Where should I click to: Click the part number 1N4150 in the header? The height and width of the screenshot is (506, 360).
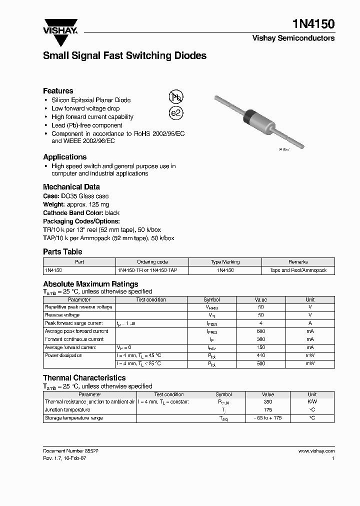click(x=313, y=24)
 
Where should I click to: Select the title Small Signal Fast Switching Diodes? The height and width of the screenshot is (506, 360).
click(x=124, y=56)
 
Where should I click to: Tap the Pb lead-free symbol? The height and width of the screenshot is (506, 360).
click(x=175, y=97)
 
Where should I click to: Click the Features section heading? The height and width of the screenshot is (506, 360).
click(x=58, y=90)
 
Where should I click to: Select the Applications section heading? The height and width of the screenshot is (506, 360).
click(x=64, y=156)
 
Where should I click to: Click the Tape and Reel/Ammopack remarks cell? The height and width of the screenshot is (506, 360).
click(x=298, y=270)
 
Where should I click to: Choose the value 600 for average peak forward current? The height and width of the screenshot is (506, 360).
click(x=260, y=331)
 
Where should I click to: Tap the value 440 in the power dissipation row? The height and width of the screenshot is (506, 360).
click(x=260, y=355)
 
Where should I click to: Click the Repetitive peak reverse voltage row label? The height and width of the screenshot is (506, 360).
click(x=78, y=307)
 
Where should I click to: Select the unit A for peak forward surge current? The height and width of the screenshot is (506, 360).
click(x=310, y=323)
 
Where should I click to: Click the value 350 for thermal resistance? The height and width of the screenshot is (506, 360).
click(x=267, y=401)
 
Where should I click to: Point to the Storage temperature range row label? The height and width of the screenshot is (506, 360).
click(x=73, y=418)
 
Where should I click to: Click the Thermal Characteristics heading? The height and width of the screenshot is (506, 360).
click(x=84, y=377)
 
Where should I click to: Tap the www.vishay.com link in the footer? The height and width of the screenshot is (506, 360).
click(x=316, y=450)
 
